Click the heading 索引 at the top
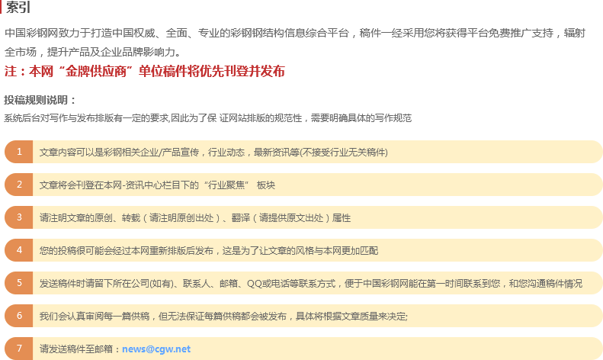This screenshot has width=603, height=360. click(x=18, y=7)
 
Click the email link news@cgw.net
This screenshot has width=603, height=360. click(x=156, y=349)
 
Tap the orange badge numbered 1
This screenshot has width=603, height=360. click(x=19, y=152)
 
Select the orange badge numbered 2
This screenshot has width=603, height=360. click(x=19, y=185)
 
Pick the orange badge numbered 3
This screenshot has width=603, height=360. click(x=19, y=217)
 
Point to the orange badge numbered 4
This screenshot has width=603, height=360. click(x=19, y=250)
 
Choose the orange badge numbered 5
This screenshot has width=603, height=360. click(x=19, y=283)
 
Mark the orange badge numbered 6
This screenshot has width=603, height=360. click(x=19, y=316)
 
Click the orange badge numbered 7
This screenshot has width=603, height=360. click(x=19, y=349)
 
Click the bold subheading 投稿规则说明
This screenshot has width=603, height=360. click(x=40, y=100)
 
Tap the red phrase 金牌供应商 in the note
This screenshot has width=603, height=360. click(x=96, y=71)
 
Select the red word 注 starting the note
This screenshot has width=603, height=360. click(x=11, y=71)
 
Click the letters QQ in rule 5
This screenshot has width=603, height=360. click(x=254, y=284)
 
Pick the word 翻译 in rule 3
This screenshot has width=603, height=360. click(x=241, y=218)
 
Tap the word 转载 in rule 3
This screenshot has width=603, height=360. click(x=131, y=218)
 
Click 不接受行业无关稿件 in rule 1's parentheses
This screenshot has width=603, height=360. click(x=344, y=153)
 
